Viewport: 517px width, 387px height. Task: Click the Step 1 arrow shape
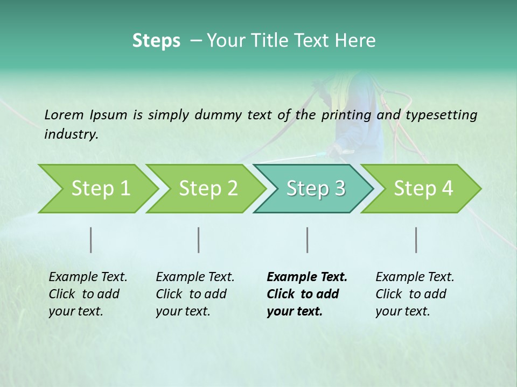click(100, 189)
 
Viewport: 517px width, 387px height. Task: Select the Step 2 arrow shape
click(208, 189)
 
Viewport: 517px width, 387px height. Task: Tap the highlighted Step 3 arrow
click(315, 189)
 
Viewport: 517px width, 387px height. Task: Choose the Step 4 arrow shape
click(423, 189)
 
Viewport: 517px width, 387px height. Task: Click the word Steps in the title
click(156, 40)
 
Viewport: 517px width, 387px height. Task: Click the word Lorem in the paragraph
click(64, 114)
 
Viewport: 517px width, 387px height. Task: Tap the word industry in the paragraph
click(71, 134)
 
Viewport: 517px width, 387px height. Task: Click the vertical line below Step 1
click(91, 240)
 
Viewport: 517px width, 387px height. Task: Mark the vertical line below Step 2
click(199, 240)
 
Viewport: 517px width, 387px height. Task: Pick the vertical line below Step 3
click(307, 240)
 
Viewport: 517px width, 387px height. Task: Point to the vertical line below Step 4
click(416, 240)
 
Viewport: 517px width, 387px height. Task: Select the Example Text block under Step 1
click(88, 294)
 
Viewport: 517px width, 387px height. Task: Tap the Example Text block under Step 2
click(195, 294)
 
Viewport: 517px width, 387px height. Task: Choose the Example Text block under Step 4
click(415, 294)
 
